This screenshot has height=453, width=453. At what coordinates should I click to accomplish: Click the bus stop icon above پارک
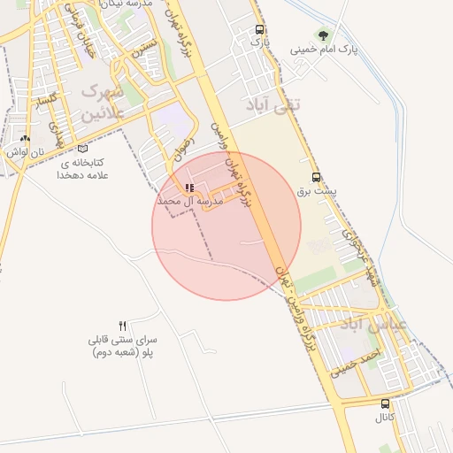pyautogui.click(x=258, y=29)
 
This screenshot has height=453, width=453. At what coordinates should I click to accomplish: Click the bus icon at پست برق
pyautogui.click(x=317, y=176)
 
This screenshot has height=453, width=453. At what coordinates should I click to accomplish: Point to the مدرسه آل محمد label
pyautogui.click(x=189, y=203)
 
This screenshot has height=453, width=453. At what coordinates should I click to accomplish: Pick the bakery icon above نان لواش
pyautogui.click(x=25, y=139)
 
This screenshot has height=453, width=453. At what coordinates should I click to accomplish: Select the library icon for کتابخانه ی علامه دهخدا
pyautogui.click(x=82, y=149)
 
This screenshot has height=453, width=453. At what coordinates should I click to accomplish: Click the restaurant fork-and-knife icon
pyautogui.click(x=123, y=326)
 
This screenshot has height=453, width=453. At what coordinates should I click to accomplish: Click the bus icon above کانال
pyautogui.click(x=385, y=403)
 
